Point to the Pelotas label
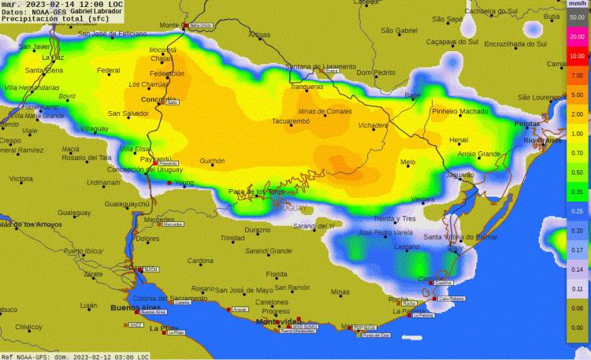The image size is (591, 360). point(527,124)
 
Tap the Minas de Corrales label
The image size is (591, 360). point(325,112)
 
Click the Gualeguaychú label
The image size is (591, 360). point(127,204)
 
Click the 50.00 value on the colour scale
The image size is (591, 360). point(577,15)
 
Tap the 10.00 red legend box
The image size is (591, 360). point(577,56)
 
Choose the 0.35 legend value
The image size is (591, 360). point(577,191)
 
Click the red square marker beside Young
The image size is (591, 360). point(169,184)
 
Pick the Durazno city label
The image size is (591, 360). point(257,230)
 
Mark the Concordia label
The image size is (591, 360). point(158,99)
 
